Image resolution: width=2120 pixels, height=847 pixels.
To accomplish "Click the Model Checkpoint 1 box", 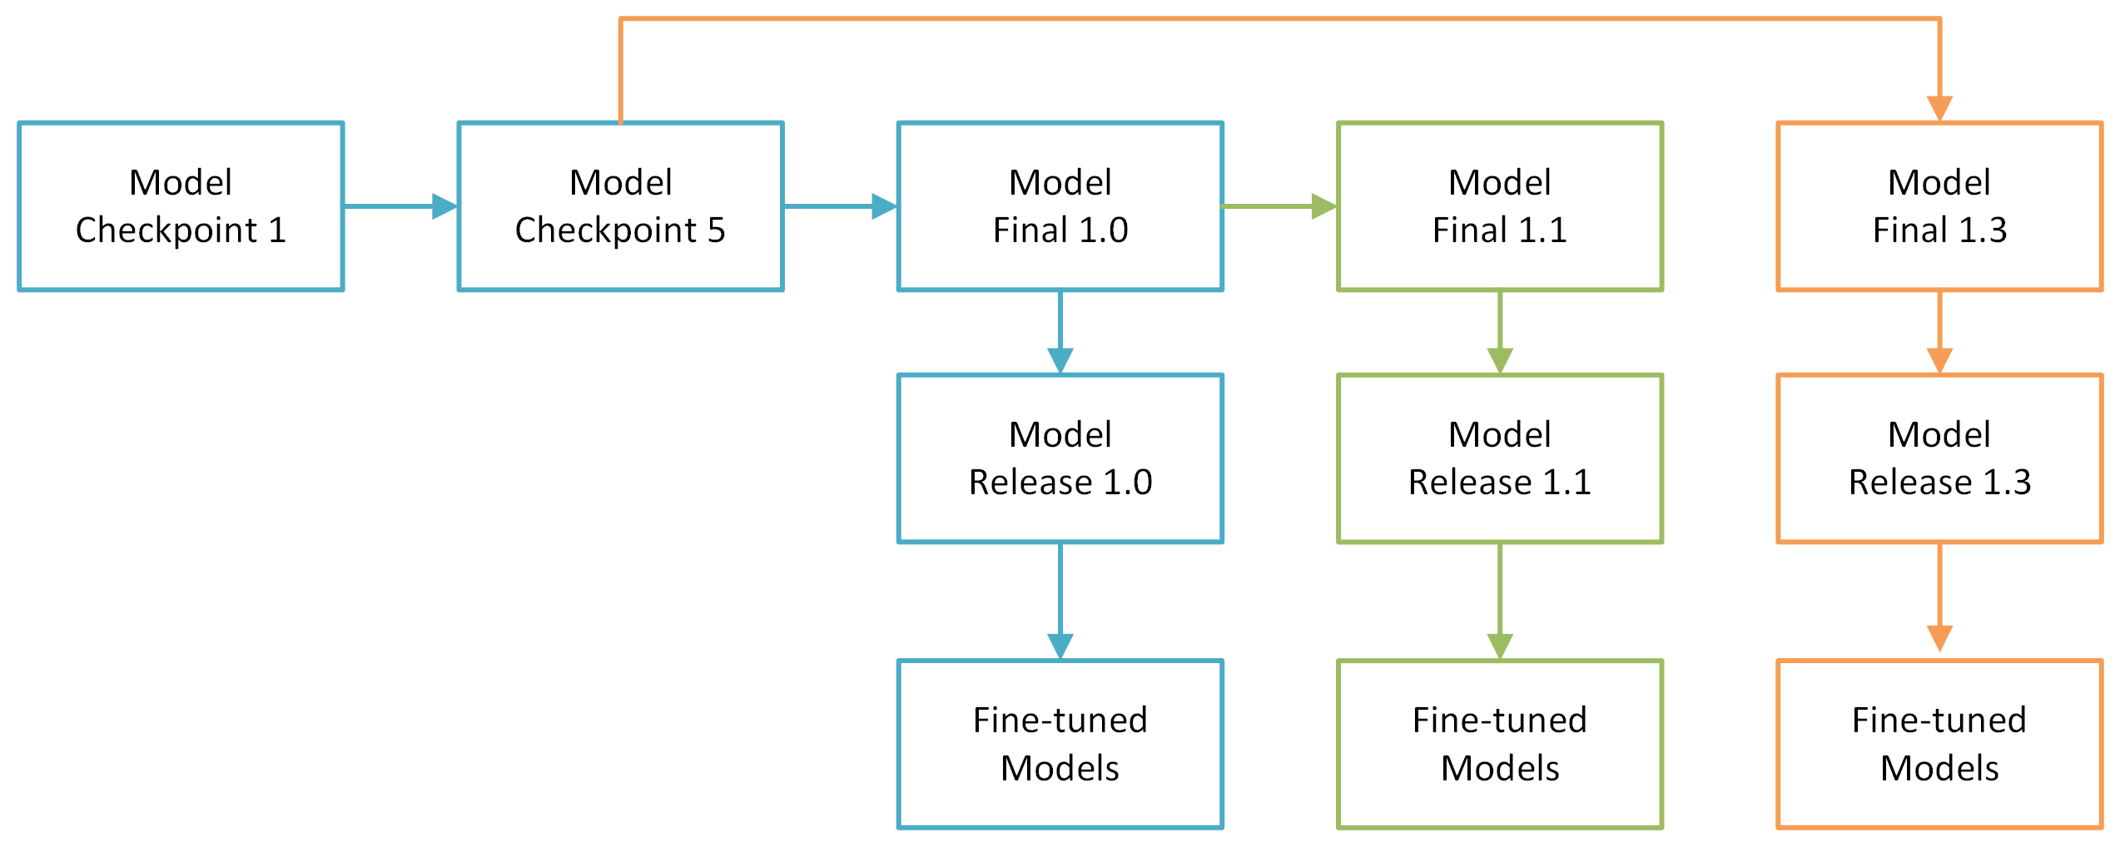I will pos(181,206).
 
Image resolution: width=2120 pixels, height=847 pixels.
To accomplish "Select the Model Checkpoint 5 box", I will pos(620,206).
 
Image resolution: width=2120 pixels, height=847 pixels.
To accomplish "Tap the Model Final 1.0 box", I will pos(1060,206).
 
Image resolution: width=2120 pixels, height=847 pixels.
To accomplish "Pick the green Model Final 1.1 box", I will pos(1499,206).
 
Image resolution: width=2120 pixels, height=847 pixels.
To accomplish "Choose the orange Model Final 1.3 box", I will pos(1939,206).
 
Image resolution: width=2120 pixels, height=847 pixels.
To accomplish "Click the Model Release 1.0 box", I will pos(1060,458).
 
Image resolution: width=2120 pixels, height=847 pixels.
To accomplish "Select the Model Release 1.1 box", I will pos(1499,458).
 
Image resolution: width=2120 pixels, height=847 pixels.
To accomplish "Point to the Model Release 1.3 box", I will pos(1939,458).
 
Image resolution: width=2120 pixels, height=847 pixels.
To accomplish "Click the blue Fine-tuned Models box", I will pos(1060,744).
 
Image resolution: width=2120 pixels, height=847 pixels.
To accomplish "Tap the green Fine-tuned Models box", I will pos(1499,744).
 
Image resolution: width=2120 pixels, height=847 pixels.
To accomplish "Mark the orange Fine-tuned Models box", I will pos(1939,744).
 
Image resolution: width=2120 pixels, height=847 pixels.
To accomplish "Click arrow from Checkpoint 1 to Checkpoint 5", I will pos(400,206).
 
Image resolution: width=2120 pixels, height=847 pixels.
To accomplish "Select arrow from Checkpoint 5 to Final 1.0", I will pos(839,206).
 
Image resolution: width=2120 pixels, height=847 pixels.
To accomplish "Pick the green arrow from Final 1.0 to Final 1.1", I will pos(1278,206).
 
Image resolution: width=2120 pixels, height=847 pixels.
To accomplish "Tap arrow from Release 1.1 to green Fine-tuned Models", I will pos(1500,601).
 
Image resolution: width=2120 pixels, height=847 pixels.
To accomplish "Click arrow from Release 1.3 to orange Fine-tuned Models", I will pos(1939,599).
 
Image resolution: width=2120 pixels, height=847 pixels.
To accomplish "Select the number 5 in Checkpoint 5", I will pos(716,230).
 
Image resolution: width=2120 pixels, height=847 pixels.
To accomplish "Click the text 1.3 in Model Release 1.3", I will pos(2007,483).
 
